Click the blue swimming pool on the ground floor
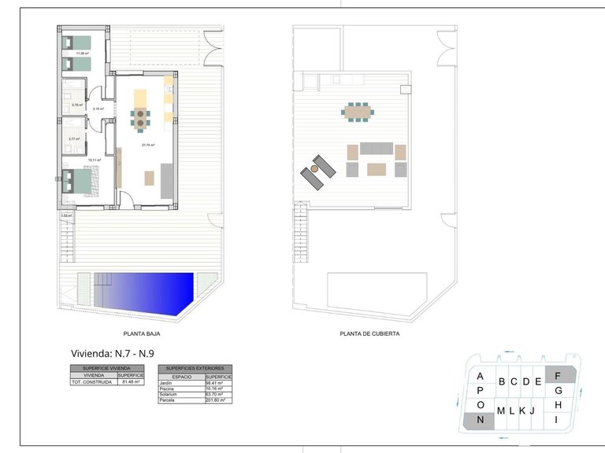point(150,293)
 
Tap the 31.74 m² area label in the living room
point(148,145)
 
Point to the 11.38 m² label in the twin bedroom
point(83,53)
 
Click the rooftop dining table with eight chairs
point(357,112)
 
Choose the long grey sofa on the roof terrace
point(376,149)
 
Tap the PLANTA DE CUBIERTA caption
point(369,333)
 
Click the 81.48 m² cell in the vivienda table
point(131,382)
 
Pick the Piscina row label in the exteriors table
point(167,388)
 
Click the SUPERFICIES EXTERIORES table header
point(196,368)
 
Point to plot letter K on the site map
point(521,411)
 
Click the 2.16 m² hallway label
point(98,109)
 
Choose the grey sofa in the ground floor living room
point(168,181)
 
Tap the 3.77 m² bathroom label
point(74,138)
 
